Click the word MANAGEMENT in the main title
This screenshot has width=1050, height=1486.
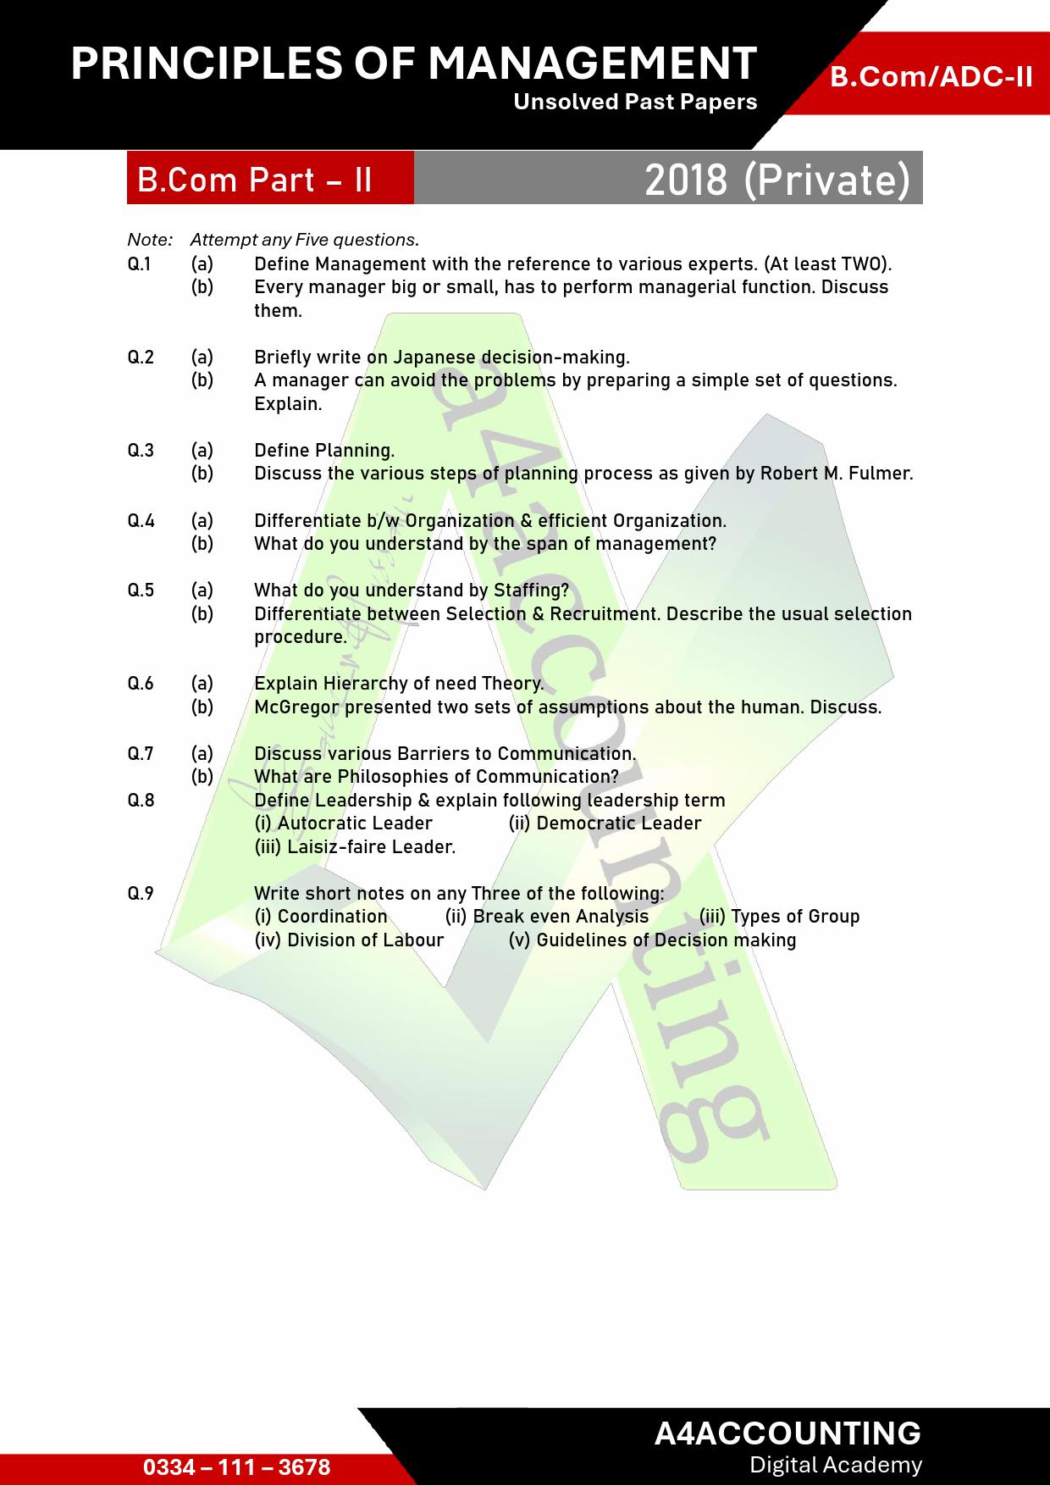coord(592,63)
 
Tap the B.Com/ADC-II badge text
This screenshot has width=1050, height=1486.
coord(931,77)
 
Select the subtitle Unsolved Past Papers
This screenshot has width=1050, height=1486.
coord(635,103)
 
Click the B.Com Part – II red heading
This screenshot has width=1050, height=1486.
coord(255,180)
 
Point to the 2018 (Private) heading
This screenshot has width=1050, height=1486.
coord(776,180)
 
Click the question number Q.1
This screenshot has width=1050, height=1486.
coord(140,264)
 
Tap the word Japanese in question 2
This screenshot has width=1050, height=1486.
coord(434,358)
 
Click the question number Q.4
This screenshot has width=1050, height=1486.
coord(141,520)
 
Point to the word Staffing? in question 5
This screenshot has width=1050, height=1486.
coord(531,591)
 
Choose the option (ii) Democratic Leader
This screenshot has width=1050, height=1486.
coord(605,823)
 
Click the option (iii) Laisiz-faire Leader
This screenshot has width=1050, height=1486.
coord(355,847)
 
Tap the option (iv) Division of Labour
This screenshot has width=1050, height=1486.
coord(349,940)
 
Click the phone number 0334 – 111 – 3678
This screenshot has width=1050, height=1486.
coord(237,1467)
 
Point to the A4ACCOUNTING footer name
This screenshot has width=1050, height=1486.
coord(787,1433)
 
